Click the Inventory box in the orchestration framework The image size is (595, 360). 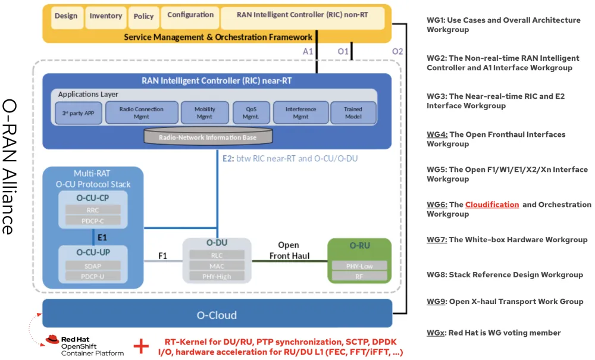(106, 17)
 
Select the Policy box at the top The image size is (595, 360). (143, 17)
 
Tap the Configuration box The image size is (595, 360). (190, 15)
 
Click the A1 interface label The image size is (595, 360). (308, 52)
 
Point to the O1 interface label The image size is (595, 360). (343, 52)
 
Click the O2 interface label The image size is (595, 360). (397, 52)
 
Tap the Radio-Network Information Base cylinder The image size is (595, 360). (208, 137)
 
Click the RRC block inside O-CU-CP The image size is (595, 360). (93, 209)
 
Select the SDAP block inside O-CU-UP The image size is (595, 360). (93, 265)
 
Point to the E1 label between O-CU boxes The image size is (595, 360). (102, 236)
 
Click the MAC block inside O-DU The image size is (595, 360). (217, 265)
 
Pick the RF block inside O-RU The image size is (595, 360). (359, 276)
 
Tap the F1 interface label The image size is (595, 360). (162, 256)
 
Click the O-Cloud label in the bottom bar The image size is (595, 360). (217, 315)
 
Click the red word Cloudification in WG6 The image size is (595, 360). (492, 205)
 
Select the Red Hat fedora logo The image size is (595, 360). (53, 340)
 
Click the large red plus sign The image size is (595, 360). (141, 346)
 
